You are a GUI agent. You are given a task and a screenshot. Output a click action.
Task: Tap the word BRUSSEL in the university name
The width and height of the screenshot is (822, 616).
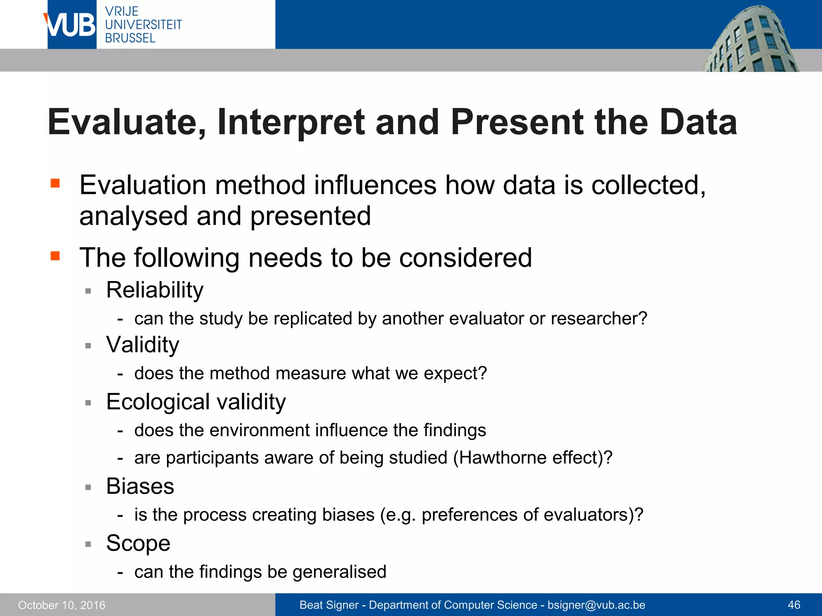[130, 38]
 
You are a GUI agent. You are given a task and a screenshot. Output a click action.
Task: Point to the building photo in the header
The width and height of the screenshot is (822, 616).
[751, 40]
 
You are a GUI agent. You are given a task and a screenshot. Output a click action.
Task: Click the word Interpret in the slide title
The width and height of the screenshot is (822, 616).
[291, 122]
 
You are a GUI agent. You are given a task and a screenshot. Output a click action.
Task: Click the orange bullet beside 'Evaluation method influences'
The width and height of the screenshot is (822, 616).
[55, 184]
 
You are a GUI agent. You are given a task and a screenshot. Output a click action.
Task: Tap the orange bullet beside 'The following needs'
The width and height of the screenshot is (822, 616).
[55, 256]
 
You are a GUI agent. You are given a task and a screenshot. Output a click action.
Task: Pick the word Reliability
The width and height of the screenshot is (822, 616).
[155, 290]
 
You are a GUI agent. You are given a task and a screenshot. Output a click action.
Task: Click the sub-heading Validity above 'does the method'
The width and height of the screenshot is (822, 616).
[142, 344]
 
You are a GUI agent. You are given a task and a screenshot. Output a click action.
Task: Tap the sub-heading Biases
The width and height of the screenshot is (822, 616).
[140, 486]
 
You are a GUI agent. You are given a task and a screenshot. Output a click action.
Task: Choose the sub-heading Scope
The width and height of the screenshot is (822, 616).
[138, 543]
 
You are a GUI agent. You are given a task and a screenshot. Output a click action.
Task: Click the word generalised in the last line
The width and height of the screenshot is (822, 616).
[339, 572]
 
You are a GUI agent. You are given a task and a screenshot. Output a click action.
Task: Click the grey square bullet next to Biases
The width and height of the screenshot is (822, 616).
[88, 488]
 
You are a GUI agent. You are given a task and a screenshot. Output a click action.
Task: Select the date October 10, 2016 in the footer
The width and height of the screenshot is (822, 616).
[62, 605]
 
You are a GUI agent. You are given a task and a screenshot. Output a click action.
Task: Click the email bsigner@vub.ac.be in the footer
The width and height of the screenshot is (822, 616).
[596, 605]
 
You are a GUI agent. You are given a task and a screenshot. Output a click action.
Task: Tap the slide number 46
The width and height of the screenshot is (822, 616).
[794, 605]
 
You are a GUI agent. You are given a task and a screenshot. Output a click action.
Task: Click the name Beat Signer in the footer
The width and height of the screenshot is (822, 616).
[329, 605]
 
